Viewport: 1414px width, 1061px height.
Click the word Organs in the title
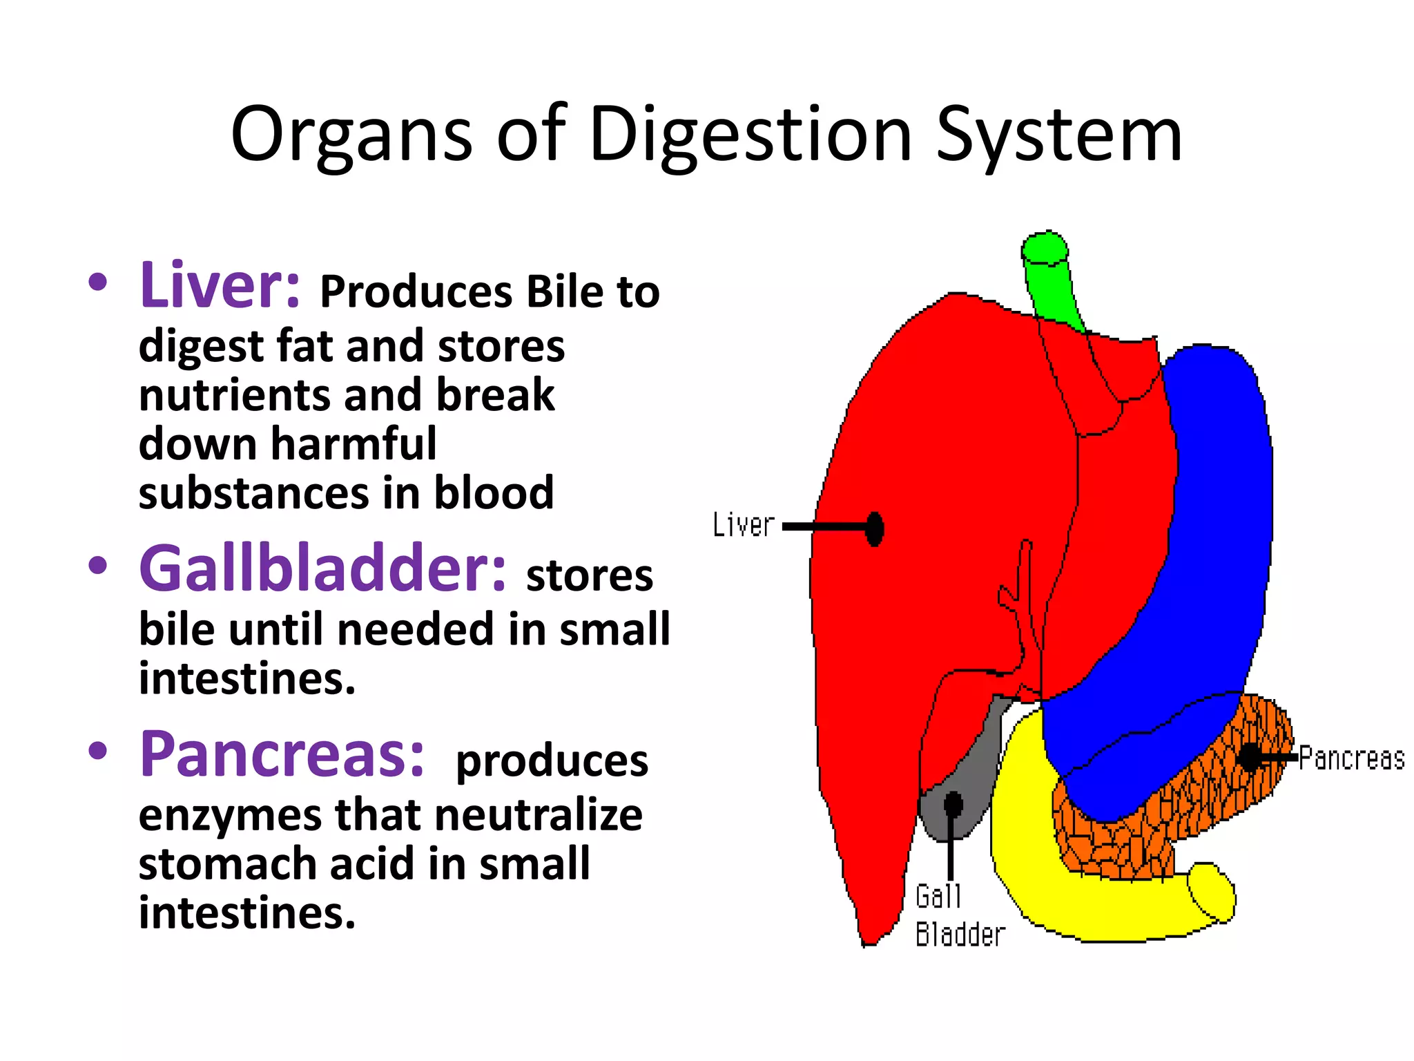point(351,135)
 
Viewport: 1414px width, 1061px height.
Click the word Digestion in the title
point(750,135)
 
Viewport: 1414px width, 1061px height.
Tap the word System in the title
point(1058,135)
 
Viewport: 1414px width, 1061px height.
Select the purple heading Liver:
point(220,285)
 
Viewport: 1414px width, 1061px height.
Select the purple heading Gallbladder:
point(322,568)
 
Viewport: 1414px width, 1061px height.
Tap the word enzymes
point(229,814)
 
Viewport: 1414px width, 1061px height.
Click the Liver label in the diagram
point(744,525)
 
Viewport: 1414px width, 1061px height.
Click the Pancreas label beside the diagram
point(1351,758)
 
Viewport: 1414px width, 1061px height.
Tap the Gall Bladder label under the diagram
point(958,916)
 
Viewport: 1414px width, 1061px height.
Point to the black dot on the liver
point(875,529)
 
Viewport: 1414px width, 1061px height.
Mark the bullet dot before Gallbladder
point(98,566)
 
